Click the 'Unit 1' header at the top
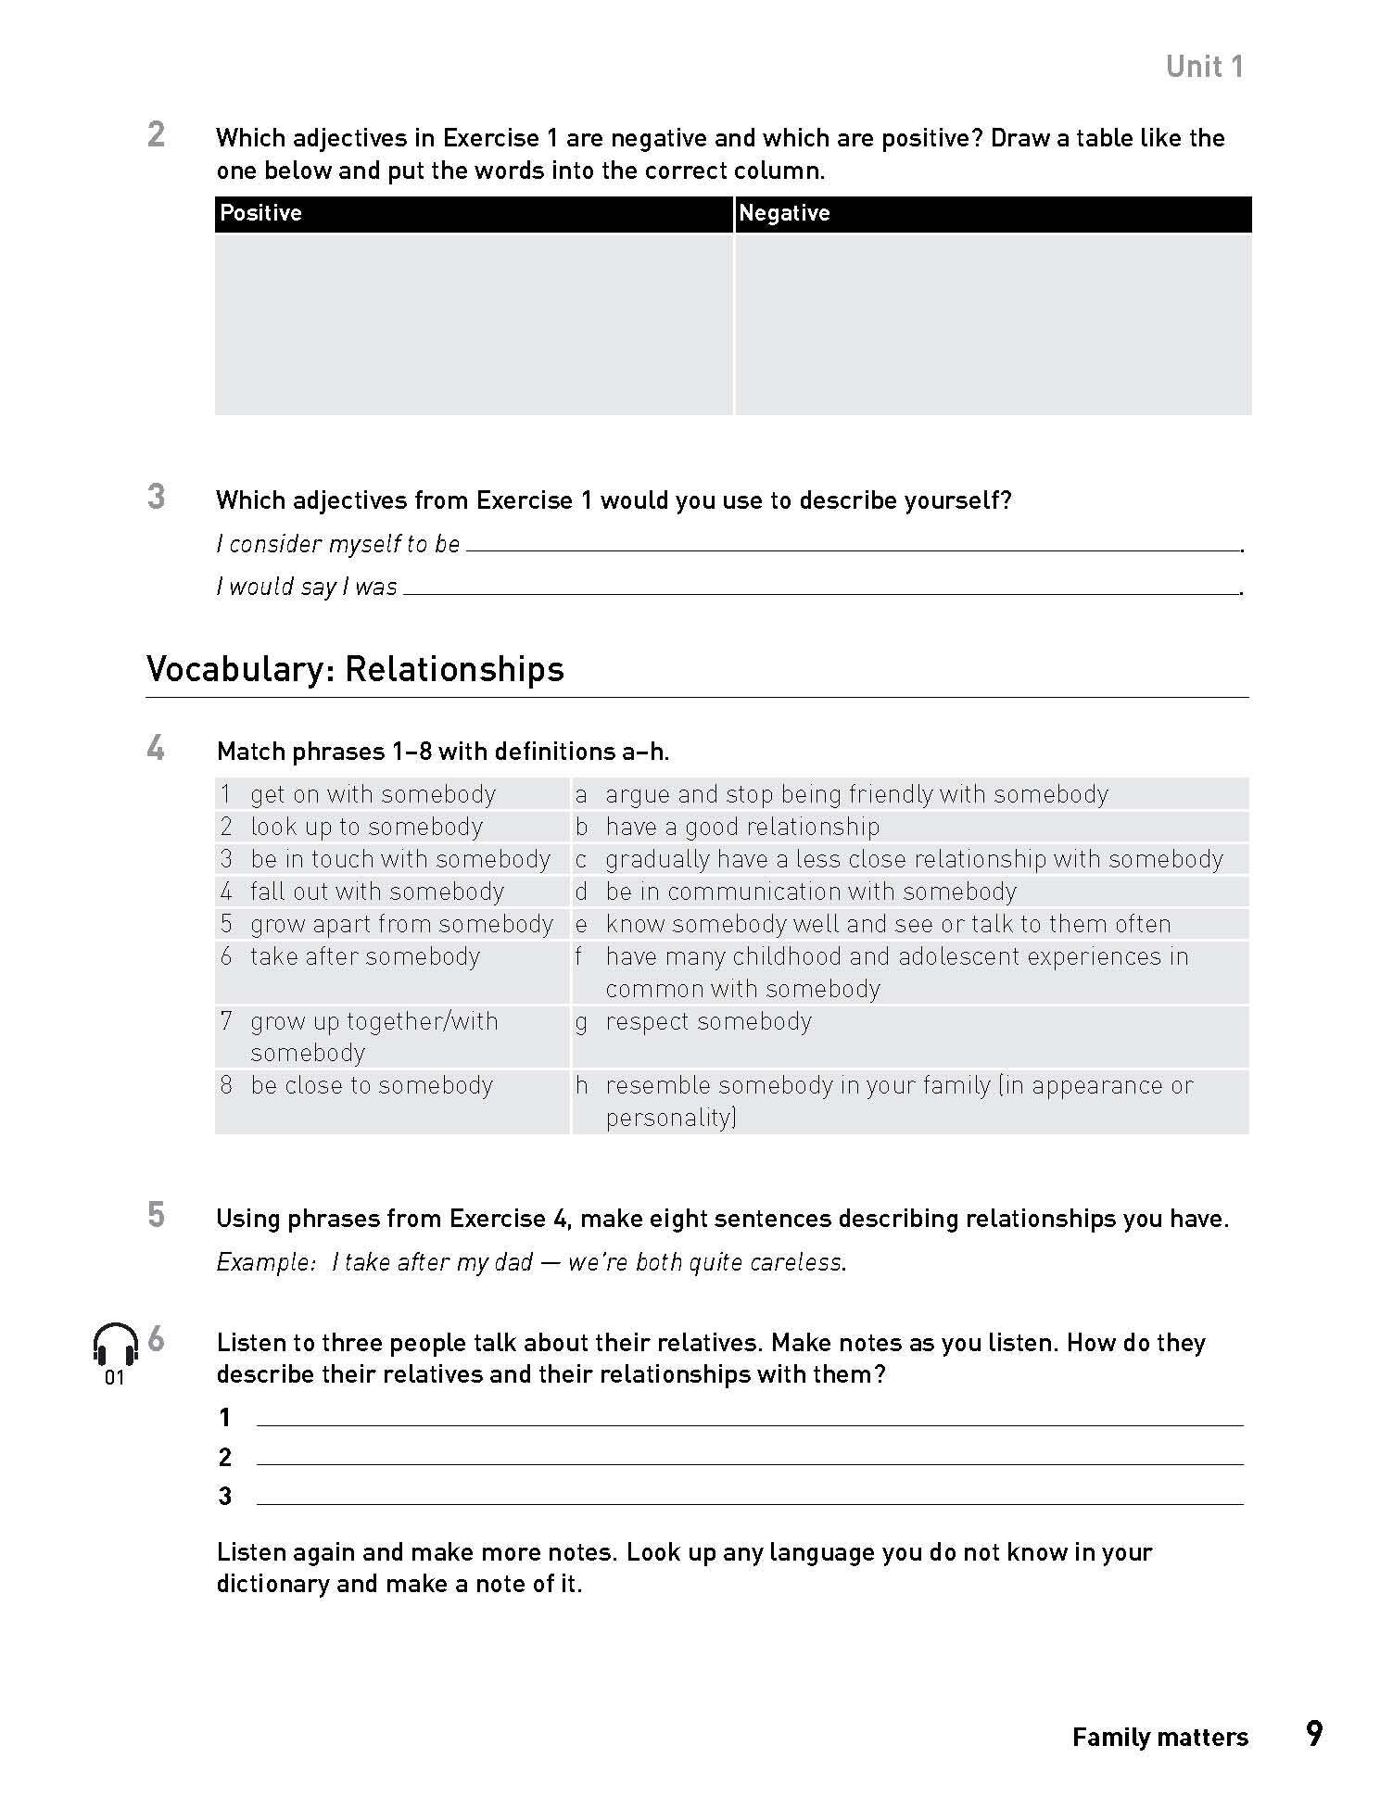pyautogui.click(x=1204, y=67)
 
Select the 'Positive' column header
pyautogui.click(x=260, y=213)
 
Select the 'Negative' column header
pyautogui.click(x=784, y=213)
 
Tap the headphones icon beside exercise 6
pyautogui.click(x=115, y=1344)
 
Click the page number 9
pyautogui.click(x=1313, y=1734)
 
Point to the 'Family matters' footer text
pyautogui.click(x=1159, y=1737)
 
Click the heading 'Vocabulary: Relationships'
pyautogui.click(x=355, y=669)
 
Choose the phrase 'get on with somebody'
pyautogui.click(x=373, y=794)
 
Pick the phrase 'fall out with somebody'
pyautogui.click(x=376, y=892)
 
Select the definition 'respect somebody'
pyautogui.click(x=708, y=1021)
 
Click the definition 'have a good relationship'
pyautogui.click(x=742, y=827)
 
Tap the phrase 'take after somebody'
pyautogui.click(x=364, y=956)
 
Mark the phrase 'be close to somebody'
pyautogui.click(x=371, y=1085)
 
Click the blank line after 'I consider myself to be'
pyautogui.click(x=853, y=548)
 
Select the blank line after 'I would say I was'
pyautogui.click(x=821, y=591)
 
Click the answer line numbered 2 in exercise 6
pyautogui.click(x=749, y=1462)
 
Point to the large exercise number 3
pyautogui.click(x=156, y=497)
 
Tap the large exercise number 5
pyautogui.click(x=156, y=1215)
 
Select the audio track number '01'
pyautogui.click(x=114, y=1378)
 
